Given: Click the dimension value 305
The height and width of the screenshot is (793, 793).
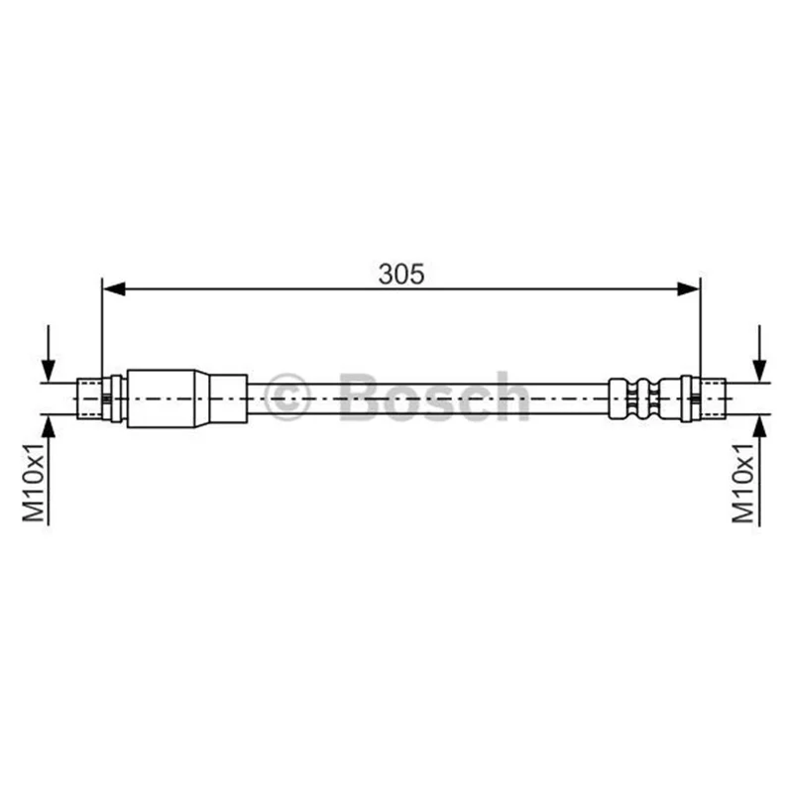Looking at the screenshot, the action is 401,275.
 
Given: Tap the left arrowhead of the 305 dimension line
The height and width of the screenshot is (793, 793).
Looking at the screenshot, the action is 114,289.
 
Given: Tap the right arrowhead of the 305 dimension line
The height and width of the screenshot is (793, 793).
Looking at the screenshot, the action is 688,289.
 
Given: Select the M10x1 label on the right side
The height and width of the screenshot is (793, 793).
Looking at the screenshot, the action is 743,483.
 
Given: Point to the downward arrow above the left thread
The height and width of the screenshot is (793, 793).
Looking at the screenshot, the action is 48,354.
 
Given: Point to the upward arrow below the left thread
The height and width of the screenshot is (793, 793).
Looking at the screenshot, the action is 48,470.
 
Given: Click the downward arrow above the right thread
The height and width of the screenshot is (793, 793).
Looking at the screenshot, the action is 759,354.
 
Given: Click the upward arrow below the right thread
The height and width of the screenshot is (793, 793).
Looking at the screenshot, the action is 759,471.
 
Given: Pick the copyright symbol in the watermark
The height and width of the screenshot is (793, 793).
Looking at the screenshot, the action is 286,397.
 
